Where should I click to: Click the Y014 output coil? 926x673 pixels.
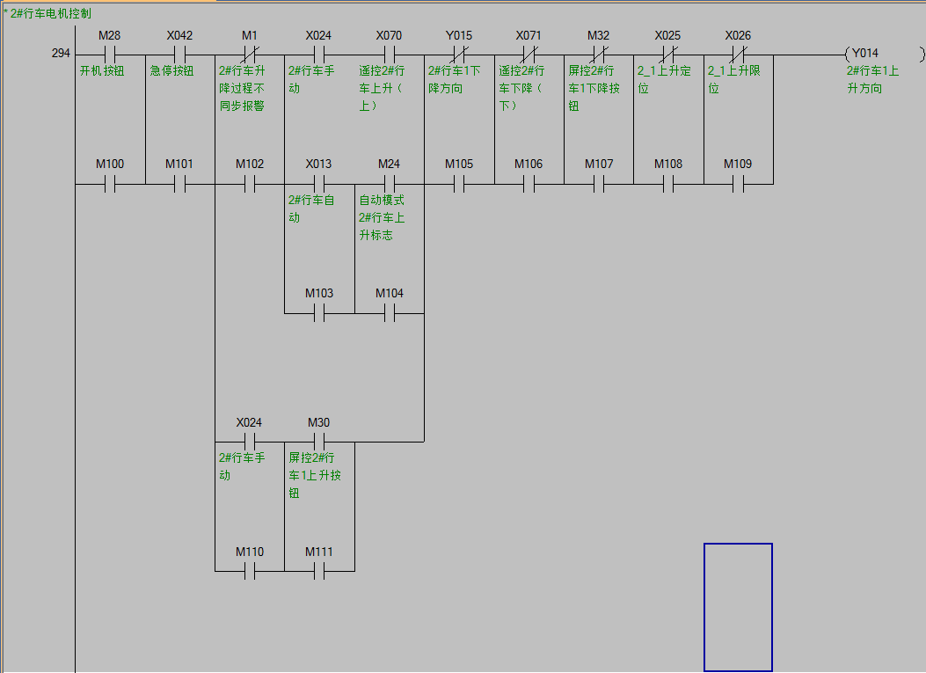(885, 55)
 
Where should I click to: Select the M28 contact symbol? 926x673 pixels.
(110, 55)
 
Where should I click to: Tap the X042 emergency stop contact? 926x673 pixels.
(179, 55)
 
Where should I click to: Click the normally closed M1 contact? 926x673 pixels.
(250, 55)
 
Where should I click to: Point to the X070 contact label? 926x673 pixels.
(389, 36)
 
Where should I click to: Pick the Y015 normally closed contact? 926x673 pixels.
(458, 55)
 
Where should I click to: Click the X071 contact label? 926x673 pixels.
(529, 36)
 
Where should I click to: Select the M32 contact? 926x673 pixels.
(598, 55)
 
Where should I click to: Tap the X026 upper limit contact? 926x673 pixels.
(738, 55)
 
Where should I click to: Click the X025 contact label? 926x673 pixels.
(667, 36)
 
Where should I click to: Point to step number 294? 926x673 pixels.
(61, 54)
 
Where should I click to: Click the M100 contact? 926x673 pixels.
(110, 184)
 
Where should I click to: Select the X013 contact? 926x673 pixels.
(319, 184)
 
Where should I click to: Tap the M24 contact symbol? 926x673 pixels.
(389, 184)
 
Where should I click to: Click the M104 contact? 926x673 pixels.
(389, 312)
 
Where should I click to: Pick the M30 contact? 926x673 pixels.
(319, 441)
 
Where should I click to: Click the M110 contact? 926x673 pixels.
(250, 571)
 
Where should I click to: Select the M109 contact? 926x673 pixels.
(738, 184)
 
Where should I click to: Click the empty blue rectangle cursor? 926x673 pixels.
(738, 607)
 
